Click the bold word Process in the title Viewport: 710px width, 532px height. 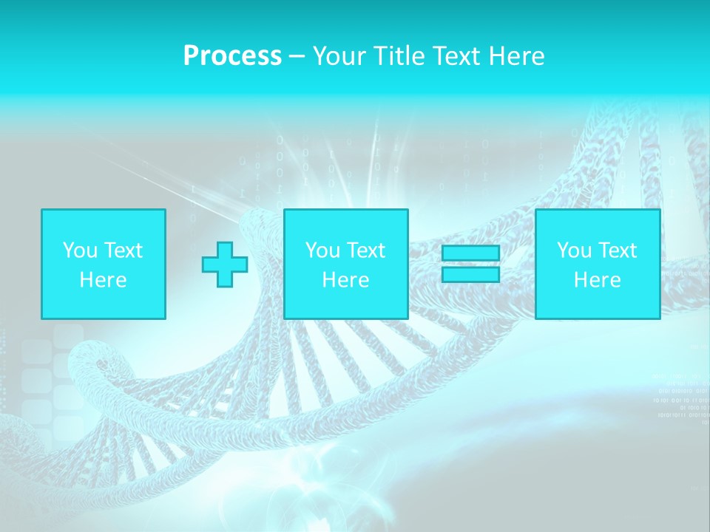pos(232,56)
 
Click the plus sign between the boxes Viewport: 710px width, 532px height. pos(225,265)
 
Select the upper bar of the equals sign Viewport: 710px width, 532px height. pos(470,253)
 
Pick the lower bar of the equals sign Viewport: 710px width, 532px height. pos(470,275)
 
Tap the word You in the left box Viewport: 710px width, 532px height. pos(80,250)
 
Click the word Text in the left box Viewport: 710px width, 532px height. pos(122,250)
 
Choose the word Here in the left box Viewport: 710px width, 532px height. pos(103,280)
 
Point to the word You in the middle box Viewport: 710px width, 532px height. pos(322,250)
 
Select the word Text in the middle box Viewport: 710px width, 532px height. pos(365,250)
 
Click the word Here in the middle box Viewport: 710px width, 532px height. pos(345,280)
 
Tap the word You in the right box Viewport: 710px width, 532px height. pos(574,250)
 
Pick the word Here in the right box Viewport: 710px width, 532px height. pos(597,280)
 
